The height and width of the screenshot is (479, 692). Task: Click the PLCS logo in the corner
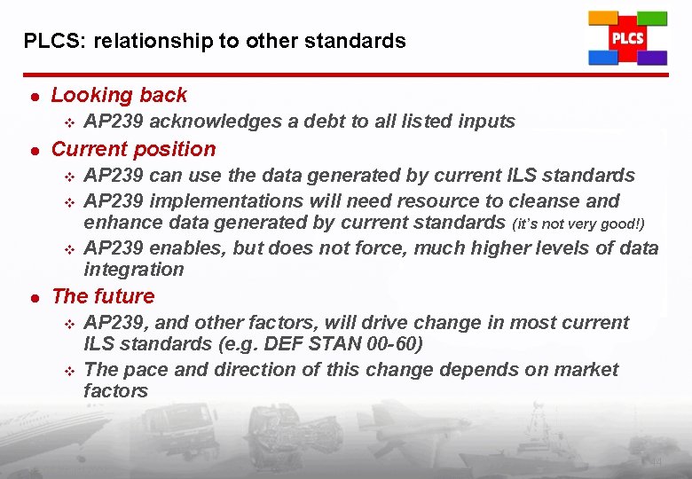[627, 39]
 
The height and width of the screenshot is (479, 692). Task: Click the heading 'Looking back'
[119, 95]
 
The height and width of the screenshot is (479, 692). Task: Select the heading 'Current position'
[133, 149]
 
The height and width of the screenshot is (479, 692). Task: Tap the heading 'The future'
[103, 296]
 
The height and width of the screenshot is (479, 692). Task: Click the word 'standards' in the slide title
[362, 41]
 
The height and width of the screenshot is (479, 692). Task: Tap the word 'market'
[586, 369]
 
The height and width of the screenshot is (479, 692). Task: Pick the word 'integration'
[133, 270]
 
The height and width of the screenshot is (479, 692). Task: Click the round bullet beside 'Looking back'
[31, 96]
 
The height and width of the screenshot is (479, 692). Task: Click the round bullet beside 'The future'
[31, 297]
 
